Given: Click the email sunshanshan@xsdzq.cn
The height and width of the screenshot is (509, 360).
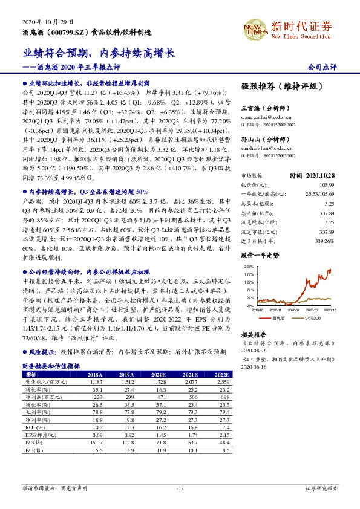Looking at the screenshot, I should [x=267, y=147].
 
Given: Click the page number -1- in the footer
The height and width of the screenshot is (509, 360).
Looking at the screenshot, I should [x=180, y=488].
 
